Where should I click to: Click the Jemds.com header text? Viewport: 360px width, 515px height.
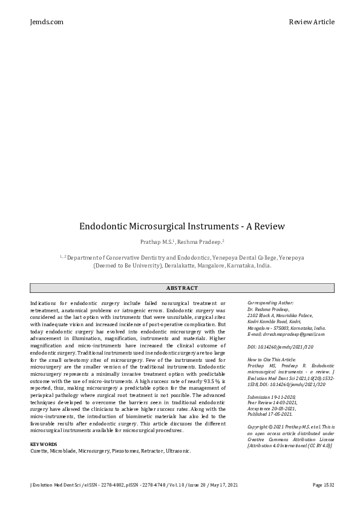(46, 22)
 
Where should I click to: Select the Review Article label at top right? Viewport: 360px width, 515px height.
(312, 22)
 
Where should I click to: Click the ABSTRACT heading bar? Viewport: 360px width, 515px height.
(182, 288)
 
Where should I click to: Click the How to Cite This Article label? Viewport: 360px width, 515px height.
(271, 359)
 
